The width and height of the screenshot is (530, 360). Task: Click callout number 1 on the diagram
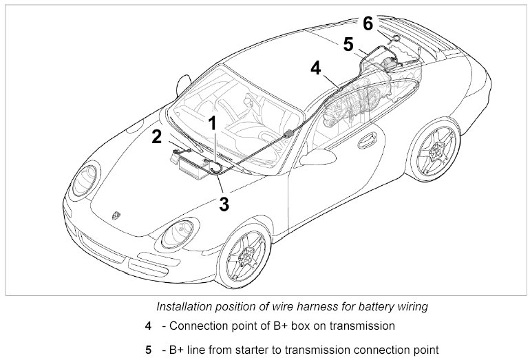[213, 124]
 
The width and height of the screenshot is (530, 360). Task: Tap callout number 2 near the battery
[157, 136]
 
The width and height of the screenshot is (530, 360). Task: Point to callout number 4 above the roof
[315, 68]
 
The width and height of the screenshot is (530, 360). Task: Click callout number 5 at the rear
[348, 43]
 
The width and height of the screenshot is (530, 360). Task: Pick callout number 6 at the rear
[368, 23]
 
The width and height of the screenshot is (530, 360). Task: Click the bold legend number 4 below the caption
[149, 326]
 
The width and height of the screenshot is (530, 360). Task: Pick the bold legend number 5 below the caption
[149, 350]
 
